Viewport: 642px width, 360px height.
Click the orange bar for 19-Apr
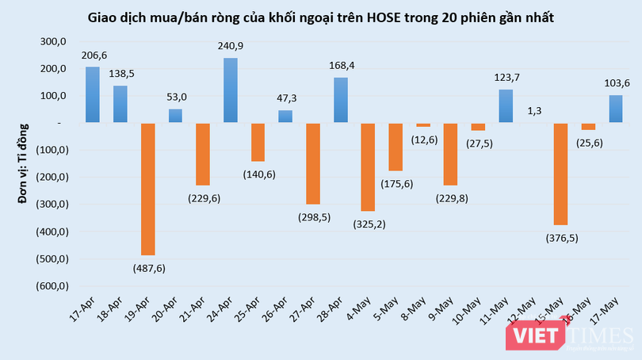click(x=147, y=189)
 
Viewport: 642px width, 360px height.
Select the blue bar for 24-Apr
click(x=230, y=90)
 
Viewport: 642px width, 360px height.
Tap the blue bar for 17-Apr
click(x=93, y=95)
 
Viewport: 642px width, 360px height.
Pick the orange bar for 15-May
click(x=561, y=174)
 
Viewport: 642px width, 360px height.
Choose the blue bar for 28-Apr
click(x=340, y=100)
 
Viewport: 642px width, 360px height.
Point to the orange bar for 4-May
click(x=368, y=167)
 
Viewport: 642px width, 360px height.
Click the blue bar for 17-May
click(x=615, y=109)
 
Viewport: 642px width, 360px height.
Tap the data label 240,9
click(x=230, y=47)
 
